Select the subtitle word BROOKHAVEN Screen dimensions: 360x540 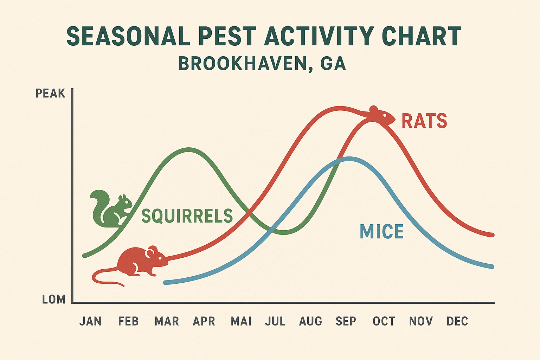tap(242, 64)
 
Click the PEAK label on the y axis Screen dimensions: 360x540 tap(50, 94)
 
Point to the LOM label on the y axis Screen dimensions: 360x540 tap(53, 300)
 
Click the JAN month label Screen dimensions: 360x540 tap(90, 321)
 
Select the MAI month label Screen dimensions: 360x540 tap(241, 321)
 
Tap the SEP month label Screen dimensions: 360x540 tap(346, 321)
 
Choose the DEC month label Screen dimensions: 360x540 tap(457, 321)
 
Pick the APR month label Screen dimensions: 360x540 tap(204, 321)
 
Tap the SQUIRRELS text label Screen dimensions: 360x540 tap(187, 216)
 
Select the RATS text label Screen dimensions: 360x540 tap(424, 121)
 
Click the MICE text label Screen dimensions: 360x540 tap(382, 232)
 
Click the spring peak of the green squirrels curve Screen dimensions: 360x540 tap(189, 149)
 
